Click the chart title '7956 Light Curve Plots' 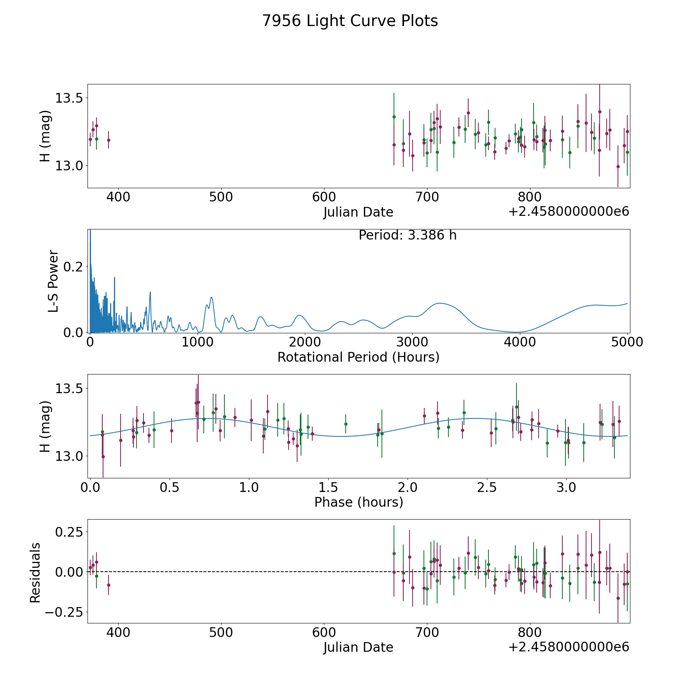click(350, 21)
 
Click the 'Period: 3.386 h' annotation click(408, 235)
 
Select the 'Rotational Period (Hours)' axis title click(358, 357)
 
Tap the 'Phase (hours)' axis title click(359, 502)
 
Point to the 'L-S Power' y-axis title click(53, 281)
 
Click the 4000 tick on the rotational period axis click(519, 342)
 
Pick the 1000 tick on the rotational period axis click(198, 342)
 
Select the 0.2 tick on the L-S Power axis click(73, 267)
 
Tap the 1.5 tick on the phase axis click(328, 487)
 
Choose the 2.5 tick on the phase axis click(487, 487)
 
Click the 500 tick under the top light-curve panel click(221, 197)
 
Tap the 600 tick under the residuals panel click(324, 632)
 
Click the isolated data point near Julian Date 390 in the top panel click(108, 140)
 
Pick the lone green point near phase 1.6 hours click(346, 424)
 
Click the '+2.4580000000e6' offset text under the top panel click(569, 212)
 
